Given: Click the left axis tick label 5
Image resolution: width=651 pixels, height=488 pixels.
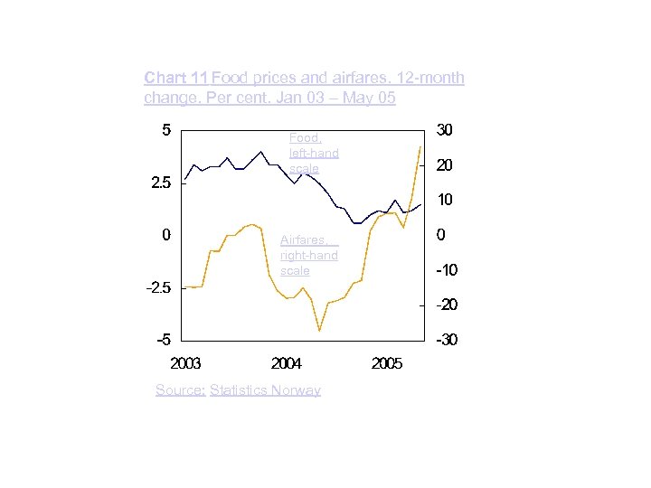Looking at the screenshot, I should [166, 130].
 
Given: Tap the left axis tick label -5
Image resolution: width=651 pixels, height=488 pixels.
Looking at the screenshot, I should [163, 341].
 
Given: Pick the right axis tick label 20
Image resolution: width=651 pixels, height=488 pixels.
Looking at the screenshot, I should [445, 166].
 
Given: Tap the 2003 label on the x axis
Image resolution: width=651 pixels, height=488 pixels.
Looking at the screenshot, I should [186, 363].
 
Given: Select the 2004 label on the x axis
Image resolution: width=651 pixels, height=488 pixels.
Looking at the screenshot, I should [287, 363].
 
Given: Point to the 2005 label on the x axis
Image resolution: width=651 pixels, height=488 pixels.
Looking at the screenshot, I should [387, 363].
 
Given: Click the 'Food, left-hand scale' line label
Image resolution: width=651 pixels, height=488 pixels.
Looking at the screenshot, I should [313, 153].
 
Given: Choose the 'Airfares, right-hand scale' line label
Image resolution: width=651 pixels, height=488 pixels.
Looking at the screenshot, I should [308, 255].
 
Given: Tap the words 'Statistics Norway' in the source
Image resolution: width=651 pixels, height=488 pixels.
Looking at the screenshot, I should [265, 390].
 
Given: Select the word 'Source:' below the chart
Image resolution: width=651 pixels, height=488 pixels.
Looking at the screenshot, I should [180, 390].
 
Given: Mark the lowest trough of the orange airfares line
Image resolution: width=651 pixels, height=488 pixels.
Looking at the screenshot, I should [319, 331].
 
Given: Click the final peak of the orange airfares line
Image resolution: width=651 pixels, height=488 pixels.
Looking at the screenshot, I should [420, 146].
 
